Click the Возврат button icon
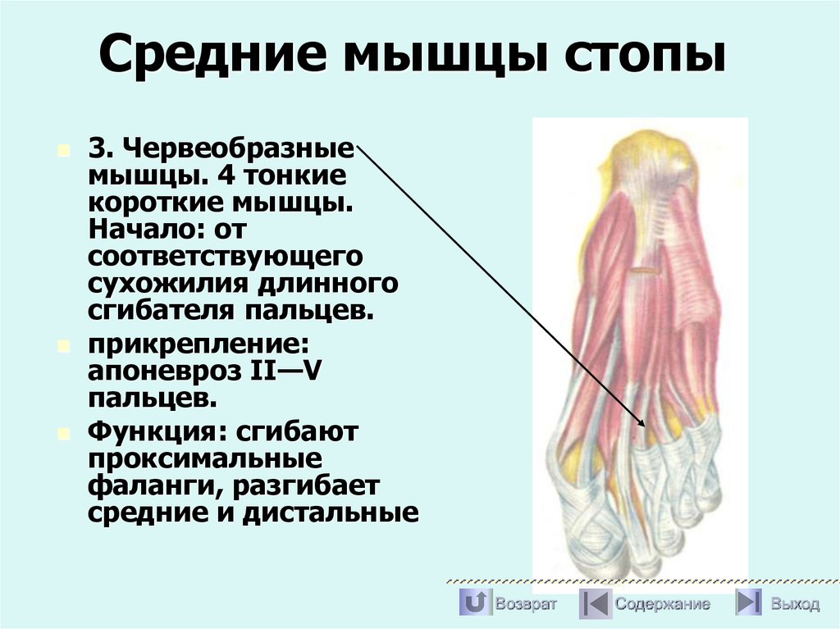[x=473, y=604]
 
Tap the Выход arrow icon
[x=748, y=604]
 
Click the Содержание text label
[x=663, y=604]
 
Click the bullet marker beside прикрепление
[x=64, y=346]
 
